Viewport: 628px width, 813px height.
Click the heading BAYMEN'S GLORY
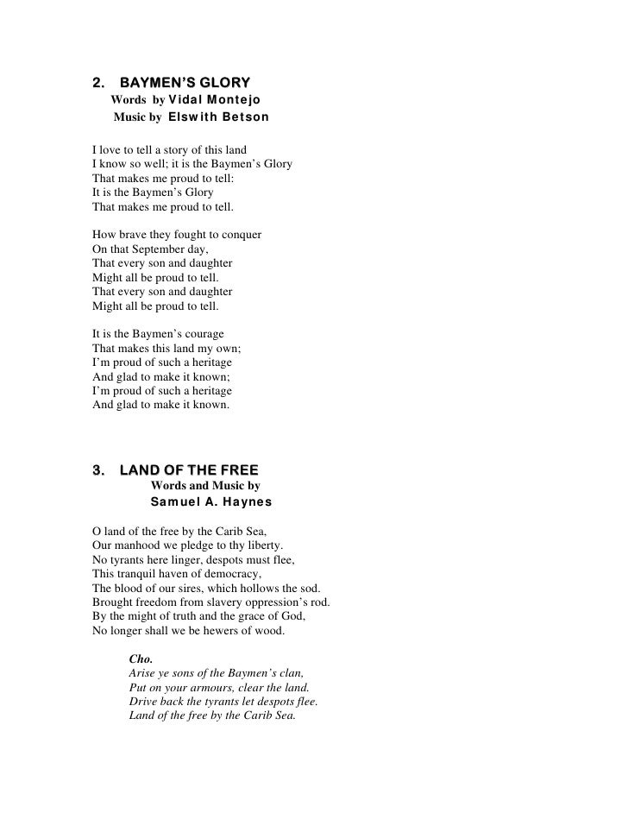pos(185,84)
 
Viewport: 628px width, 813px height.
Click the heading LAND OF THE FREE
pos(189,470)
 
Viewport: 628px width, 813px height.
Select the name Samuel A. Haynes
pos(211,501)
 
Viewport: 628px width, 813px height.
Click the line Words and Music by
pos(205,486)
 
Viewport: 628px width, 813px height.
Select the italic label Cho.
pos(141,659)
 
